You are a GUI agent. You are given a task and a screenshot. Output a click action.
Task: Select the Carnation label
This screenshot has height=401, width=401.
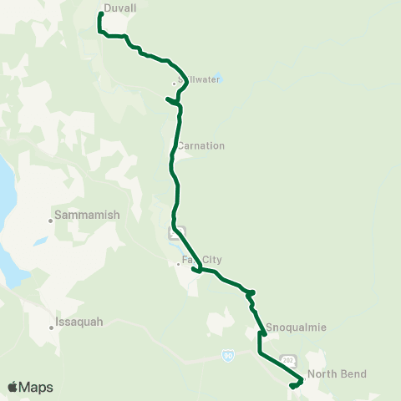200,145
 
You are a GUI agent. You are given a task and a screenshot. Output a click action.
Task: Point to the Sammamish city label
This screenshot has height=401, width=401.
87,215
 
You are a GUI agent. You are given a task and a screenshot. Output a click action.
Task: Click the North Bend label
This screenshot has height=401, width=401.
337,373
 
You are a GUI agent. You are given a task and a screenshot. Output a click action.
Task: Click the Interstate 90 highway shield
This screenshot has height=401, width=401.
228,355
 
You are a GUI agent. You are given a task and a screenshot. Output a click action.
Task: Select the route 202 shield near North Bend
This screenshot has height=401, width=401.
289,360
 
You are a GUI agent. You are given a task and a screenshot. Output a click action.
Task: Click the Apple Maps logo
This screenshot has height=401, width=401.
30,387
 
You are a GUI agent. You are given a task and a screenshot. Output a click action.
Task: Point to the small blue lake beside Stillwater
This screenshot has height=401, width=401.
217,79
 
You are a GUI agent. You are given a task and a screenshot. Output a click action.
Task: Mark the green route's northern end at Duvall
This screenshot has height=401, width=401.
101,14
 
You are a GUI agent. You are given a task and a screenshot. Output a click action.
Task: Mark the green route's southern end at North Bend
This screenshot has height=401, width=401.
292,385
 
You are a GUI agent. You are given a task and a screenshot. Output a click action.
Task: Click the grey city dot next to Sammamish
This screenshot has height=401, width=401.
50,221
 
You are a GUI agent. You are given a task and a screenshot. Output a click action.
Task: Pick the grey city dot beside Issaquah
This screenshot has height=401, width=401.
52,327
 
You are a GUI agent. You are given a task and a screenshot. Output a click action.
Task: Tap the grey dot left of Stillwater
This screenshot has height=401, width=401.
174,84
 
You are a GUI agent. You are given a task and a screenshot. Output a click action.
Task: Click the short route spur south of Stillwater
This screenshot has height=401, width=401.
172,101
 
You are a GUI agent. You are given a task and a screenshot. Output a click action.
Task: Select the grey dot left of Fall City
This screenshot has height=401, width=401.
178,266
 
